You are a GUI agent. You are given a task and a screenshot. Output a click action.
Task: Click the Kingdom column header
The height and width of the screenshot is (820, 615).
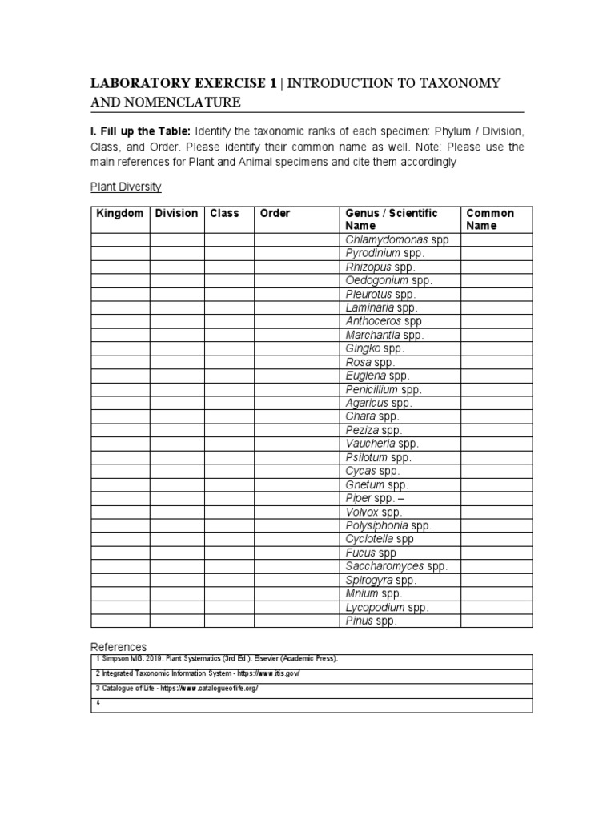tap(120, 213)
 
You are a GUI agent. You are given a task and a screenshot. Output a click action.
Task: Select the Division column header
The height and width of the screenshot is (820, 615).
tap(176, 213)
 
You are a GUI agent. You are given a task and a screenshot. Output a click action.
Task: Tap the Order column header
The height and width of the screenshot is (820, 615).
tap(275, 213)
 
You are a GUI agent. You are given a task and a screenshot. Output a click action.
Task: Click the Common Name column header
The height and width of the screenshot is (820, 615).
tap(490, 219)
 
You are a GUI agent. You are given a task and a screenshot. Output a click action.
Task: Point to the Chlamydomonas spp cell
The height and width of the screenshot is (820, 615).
tap(397, 239)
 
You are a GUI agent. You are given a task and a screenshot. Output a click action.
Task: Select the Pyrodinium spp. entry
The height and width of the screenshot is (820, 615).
tap(385, 253)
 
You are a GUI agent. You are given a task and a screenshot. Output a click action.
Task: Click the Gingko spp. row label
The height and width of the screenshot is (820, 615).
tap(375, 348)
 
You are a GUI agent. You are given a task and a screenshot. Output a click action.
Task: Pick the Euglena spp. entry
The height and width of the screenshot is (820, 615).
tap(377, 376)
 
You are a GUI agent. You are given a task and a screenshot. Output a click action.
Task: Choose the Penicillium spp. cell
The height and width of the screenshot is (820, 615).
tap(384, 389)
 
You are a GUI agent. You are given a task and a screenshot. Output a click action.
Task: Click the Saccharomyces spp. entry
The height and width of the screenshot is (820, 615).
tap(396, 566)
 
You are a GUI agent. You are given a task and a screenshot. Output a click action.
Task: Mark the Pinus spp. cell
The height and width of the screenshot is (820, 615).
tap(371, 621)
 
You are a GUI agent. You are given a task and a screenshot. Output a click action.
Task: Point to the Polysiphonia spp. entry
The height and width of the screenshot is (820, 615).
tap(388, 525)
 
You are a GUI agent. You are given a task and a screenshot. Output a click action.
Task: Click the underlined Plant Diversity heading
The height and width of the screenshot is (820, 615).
tap(126, 187)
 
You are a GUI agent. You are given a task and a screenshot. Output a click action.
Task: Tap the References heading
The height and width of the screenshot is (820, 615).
tap(119, 646)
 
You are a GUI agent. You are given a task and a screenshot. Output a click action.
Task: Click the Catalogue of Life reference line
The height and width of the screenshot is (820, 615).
tap(177, 689)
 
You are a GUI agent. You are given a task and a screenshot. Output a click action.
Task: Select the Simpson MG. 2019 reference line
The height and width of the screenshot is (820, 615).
tap(216, 658)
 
